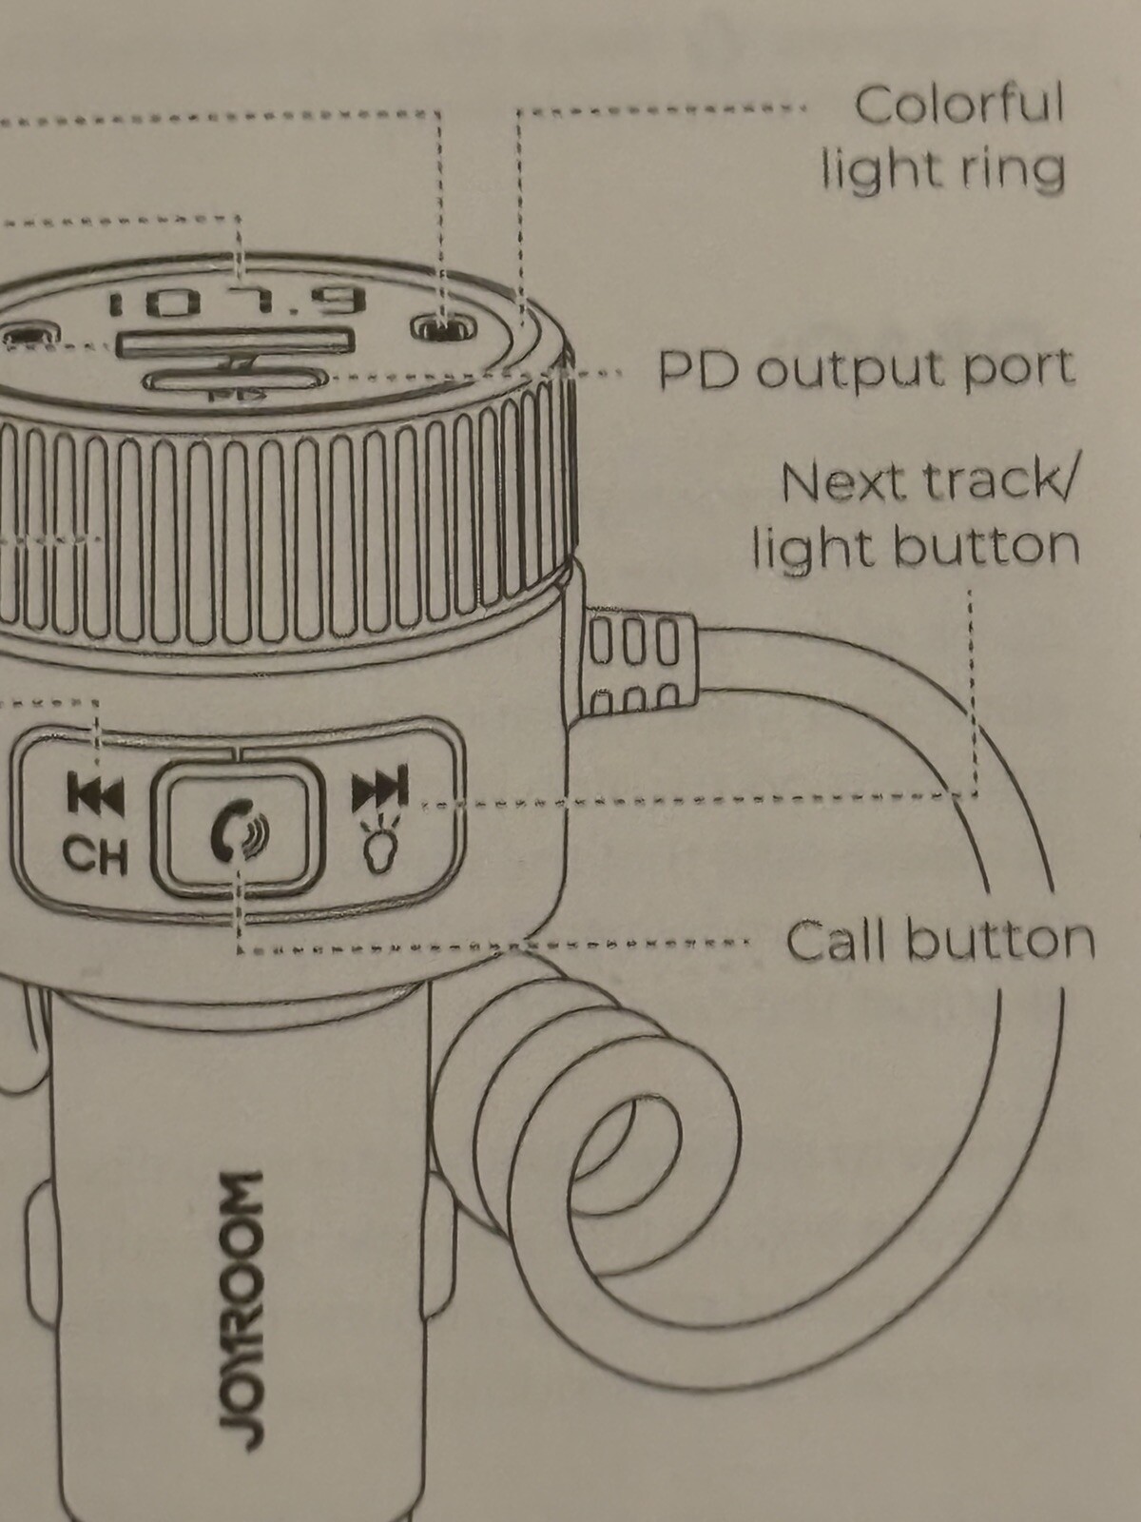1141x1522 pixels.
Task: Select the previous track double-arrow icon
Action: tap(95, 795)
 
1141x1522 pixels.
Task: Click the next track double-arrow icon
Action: tap(380, 789)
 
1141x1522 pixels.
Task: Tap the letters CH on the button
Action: tap(95, 855)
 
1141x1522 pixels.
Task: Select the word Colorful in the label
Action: tap(958, 105)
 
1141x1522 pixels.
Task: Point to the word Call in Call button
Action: tap(835, 941)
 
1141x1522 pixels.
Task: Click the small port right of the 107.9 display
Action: tap(443, 328)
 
